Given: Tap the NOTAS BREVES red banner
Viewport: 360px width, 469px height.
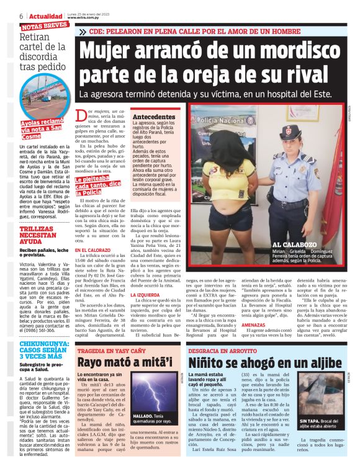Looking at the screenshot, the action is [x=44, y=27].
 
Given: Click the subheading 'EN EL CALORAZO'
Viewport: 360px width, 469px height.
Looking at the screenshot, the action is [x=93, y=251].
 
